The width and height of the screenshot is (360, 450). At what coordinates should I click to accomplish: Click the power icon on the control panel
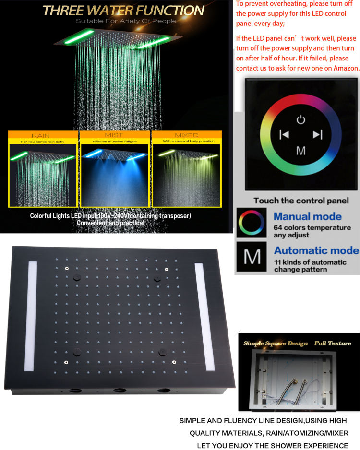[300, 119]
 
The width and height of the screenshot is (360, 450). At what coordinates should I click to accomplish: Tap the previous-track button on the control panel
[284, 135]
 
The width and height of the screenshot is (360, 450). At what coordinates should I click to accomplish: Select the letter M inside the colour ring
[301, 151]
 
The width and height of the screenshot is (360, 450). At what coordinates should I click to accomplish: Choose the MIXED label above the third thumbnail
[187, 135]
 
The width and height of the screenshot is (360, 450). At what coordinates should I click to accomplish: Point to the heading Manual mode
[308, 216]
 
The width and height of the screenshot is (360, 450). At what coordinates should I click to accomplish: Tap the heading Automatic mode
[316, 250]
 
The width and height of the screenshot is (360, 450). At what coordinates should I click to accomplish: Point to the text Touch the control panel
[301, 201]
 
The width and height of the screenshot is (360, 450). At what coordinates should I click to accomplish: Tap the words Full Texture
[333, 343]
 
